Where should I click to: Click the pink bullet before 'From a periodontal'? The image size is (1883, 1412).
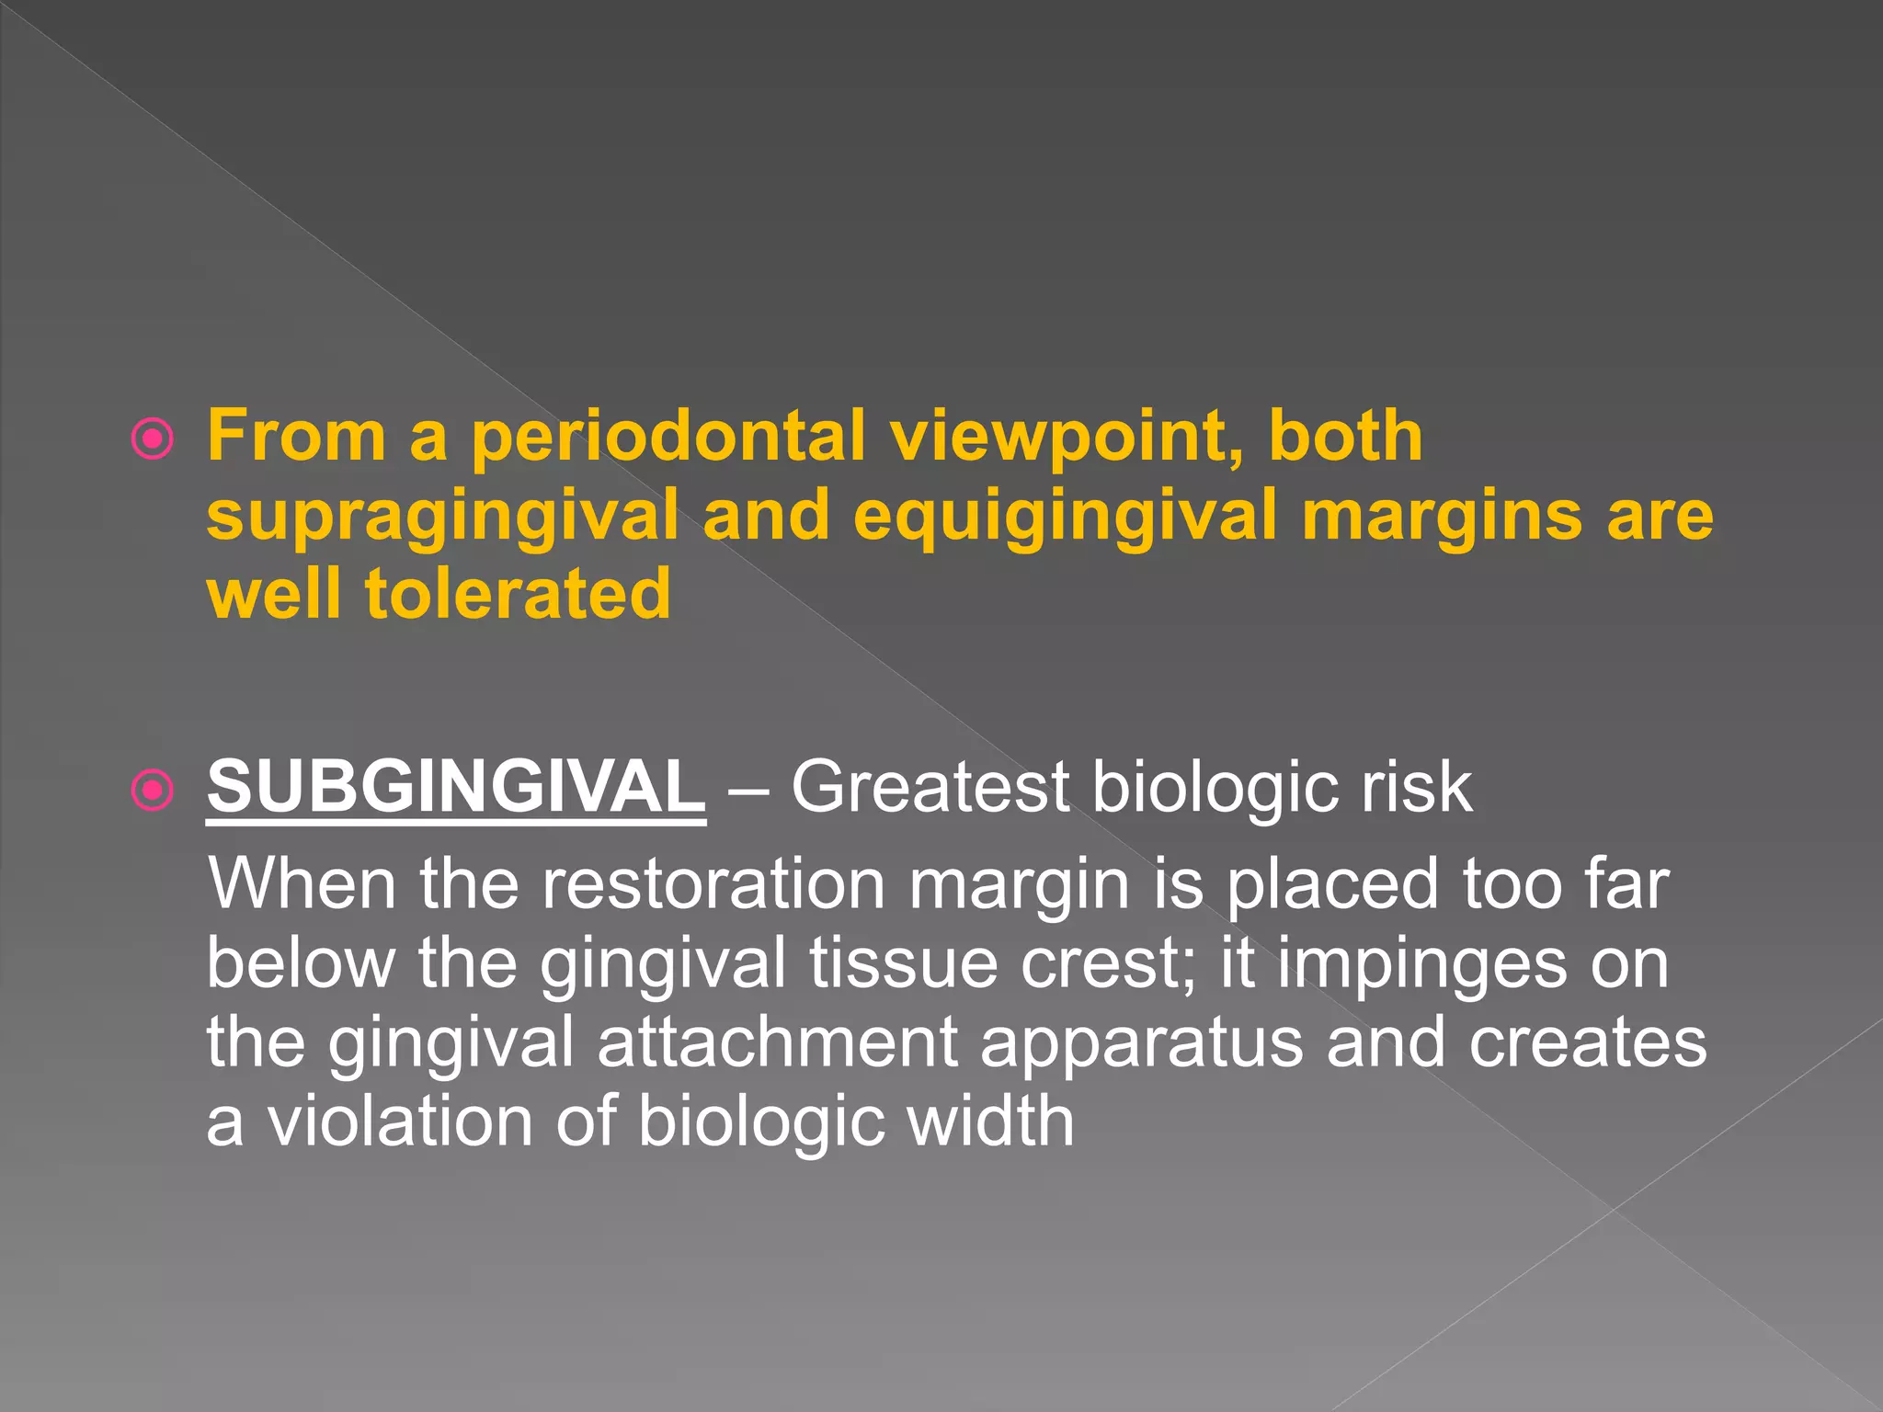[x=153, y=438]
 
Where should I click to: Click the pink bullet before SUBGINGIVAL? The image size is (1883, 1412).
[x=153, y=790]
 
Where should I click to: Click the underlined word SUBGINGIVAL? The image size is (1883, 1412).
[x=456, y=787]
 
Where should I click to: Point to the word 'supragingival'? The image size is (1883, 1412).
[x=442, y=517]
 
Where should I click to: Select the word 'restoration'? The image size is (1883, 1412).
[x=713, y=884]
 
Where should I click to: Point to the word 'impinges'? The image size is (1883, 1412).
[x=1421, y=963]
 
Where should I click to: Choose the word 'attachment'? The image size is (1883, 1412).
[x=777, y=1042]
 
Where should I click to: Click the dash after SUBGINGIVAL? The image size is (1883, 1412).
[x=747, y=789]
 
